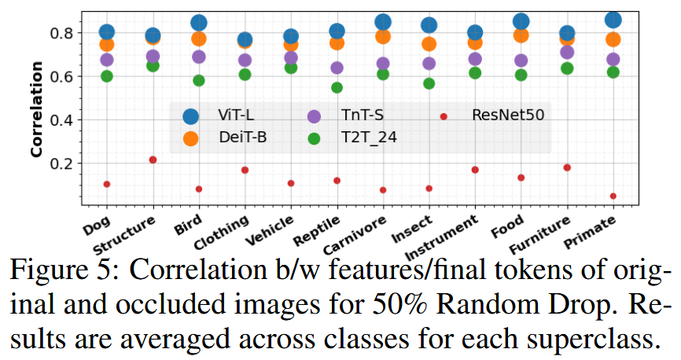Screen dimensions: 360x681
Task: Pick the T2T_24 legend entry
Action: point(368,138)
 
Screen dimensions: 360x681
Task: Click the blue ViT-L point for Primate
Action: point(613,20)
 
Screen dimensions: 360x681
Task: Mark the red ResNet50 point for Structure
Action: point(153,160)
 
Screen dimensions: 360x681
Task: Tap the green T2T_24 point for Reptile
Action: point(337,87)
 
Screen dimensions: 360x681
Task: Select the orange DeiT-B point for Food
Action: point(521,35)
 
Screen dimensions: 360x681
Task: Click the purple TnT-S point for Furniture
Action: point(567,53)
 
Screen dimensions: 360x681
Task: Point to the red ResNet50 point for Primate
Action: point(613,196)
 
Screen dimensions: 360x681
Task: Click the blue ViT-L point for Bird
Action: point(199,23)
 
